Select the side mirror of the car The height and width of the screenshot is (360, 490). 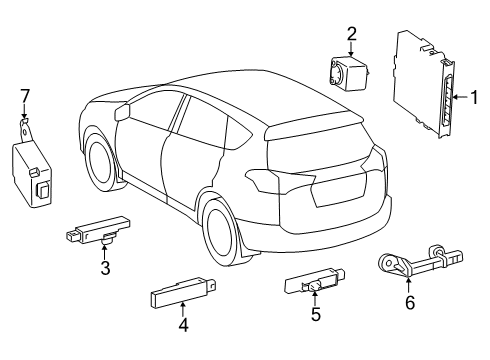(x=123, y=112)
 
